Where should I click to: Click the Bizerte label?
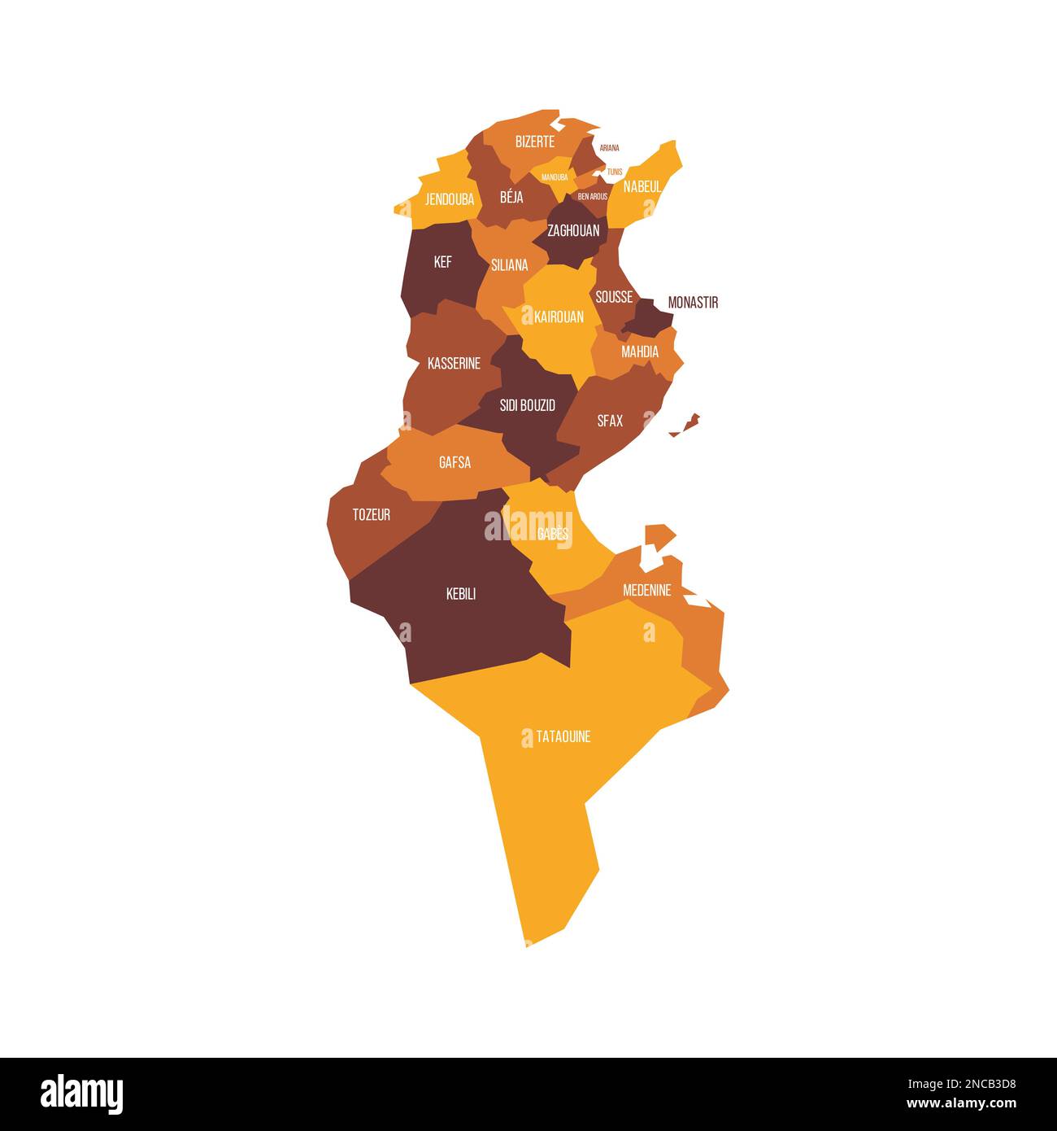pyautogui.click(x=534, y=142)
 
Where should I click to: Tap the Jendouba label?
pyautogui.click(x=450, y=199)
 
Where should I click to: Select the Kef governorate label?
pyautogui.click(x=442, y=262)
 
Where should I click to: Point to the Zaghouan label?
pyautogui.click(x=573, y=231)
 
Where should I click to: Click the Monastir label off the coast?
pyautogui.click(x=693, y=303)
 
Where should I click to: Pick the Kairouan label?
pyautogui.click(x=559, y=317)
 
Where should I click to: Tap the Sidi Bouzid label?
pyautogui.click(x=528, y=405)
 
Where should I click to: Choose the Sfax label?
pyautogui.click(x=610, y=421)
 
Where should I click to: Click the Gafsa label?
pyautogui.click(x=455, y=463)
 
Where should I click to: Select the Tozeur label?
pyautogui.click(x=371, y=515)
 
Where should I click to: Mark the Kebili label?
pyautogui.click(x=461, y=595)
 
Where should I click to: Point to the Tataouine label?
pyautogui.click(x=563, y=737)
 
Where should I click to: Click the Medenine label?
pyautogui.click(x=646, y=590)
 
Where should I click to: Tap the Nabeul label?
pyautogui.click(x=642, y=186)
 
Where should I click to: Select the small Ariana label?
pyautogui.click(x=610, y=148)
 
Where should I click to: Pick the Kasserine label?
pyautogui.click(x=454, y=364)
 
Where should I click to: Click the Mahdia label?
pyautogui.click(x=640, y=352)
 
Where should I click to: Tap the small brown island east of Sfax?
pyautogui.click(x=688, y=423)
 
